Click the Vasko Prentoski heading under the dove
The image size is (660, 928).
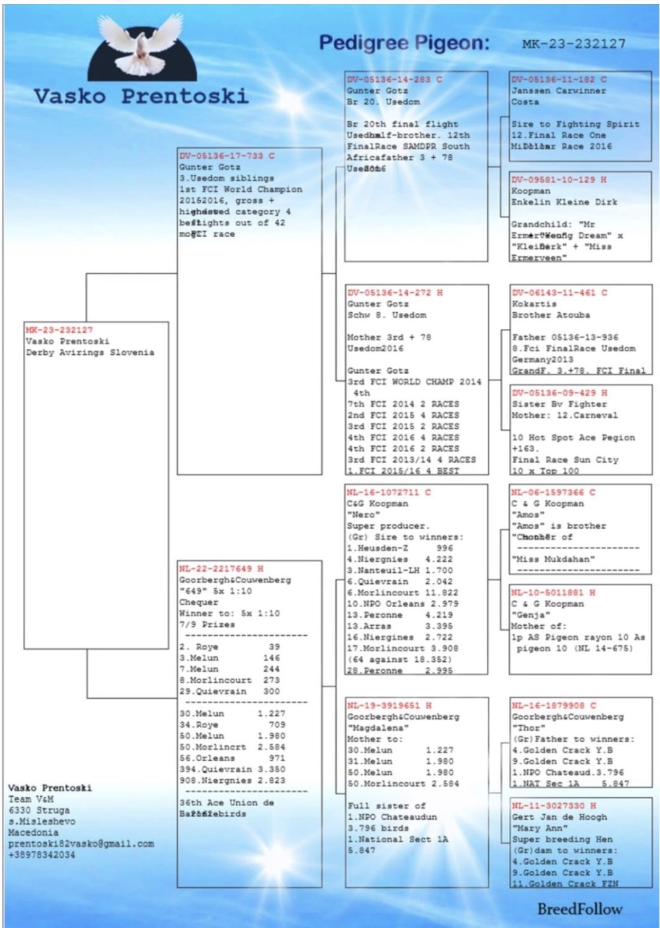141,96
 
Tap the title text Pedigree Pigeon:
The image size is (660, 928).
404,43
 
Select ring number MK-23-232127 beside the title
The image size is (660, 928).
573,44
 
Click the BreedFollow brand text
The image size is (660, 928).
579,909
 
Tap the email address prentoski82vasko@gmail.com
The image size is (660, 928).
81,844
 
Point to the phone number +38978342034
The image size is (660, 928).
41,855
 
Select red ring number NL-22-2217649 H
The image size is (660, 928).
221,569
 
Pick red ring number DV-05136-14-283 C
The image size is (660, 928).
394,80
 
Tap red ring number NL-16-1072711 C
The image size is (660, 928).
388,492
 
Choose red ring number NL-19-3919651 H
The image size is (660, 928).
389,705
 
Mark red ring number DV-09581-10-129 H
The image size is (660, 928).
559,180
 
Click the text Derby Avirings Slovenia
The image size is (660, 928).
90,352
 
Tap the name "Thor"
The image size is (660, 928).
527,728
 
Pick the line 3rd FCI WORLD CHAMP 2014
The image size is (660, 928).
414,382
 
